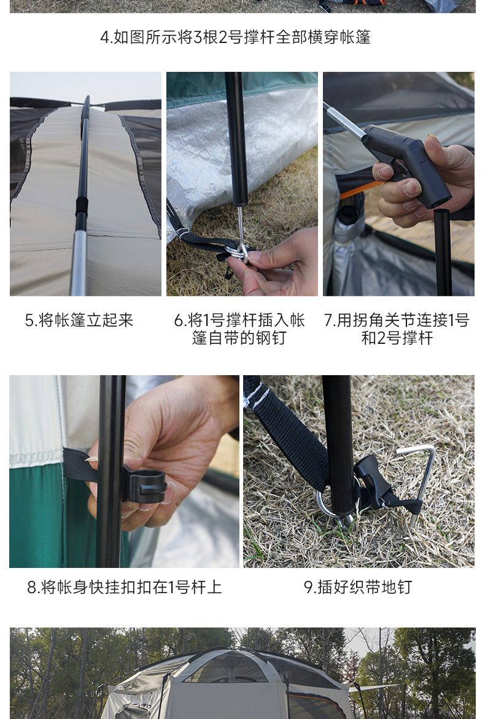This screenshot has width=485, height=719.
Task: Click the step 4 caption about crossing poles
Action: (235, 37)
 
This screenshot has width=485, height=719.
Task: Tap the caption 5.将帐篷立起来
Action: (79, 320)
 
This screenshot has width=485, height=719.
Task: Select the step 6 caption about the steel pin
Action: (239, 328)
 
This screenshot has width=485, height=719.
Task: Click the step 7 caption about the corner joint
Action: (397, 328)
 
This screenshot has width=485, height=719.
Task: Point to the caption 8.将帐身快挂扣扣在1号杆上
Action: (124, 587)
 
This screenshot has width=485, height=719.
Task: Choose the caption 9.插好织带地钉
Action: (358, 587)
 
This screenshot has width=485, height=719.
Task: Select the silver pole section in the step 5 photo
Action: (79, 263)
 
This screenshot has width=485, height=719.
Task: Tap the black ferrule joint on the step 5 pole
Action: (82, 206)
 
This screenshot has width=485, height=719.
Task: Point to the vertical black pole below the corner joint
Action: (443, 252)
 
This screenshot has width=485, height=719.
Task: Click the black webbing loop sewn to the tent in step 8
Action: (80, 464)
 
